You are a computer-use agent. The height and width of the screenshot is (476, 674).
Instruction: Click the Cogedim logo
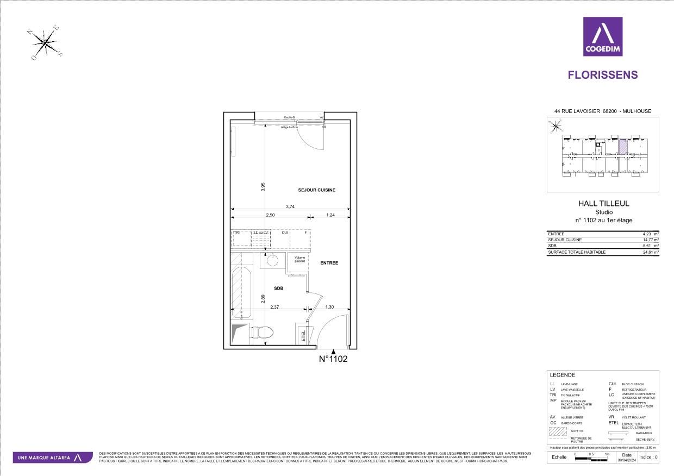(x=603, y=36)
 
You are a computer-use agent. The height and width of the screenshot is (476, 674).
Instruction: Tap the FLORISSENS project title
(x=603, y=75)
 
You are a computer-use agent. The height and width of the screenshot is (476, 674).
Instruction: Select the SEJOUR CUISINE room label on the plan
(x=316, y=190)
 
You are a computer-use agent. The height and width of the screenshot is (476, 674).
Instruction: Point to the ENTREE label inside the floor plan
(x=329, y=263)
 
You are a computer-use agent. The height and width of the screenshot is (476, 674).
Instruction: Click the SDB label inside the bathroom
(x=279, y=289)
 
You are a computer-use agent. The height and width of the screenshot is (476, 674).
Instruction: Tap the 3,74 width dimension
(x=290, y=206)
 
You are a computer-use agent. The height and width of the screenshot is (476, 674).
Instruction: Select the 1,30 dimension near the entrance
(x=329, y=308)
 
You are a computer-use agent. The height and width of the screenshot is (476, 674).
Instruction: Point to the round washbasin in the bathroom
(x=272, y=260)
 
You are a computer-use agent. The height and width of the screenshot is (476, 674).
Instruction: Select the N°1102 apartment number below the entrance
(x=333, y=359)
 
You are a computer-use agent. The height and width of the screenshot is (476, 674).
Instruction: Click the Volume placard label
(x=300, y=259)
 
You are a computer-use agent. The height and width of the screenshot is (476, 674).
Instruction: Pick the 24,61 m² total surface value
(x=650, y=252)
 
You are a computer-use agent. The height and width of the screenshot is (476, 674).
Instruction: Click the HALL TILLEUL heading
(x=603, y=203)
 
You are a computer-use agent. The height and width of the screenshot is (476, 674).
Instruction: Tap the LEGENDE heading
(x=562, y=375)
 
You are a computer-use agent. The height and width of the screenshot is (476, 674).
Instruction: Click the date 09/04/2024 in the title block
(x=627, y=460)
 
